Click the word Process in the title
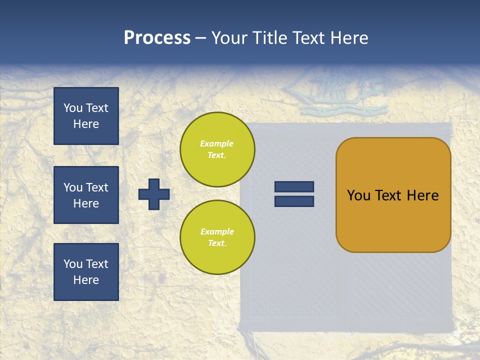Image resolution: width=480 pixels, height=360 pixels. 157,38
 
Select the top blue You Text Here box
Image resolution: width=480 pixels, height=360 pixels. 86,116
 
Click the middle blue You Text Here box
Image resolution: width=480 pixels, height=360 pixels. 86,195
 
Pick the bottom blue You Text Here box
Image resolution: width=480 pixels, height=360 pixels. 86,272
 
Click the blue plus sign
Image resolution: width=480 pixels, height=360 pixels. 154,194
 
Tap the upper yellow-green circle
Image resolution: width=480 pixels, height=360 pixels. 217,149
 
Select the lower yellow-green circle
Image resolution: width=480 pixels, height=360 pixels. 217,237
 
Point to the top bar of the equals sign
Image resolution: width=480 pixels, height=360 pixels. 294,186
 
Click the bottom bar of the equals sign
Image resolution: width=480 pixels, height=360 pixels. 294,201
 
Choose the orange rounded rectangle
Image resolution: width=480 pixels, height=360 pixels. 393,195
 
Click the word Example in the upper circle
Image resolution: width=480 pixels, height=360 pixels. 217,143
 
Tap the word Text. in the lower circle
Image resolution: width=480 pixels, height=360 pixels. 217,243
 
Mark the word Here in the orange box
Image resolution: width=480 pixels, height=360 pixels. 422,195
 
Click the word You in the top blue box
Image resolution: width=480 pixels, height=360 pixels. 72,108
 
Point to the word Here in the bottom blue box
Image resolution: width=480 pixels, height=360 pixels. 86,280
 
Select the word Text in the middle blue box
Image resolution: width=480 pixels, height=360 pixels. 97,187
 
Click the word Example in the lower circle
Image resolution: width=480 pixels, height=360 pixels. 217,231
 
